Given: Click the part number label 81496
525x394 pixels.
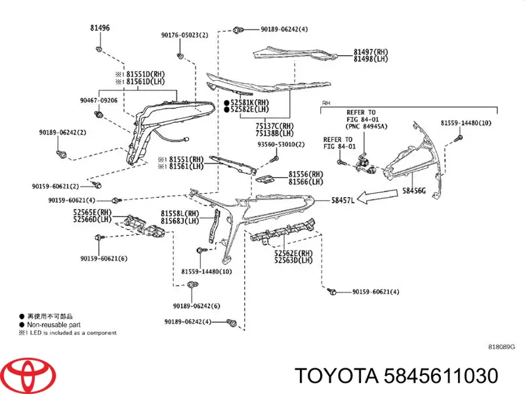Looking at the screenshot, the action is click(x=100, y=28).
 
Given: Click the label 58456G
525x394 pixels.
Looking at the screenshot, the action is click(x=414, y=190).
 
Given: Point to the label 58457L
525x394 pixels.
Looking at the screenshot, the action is click(x=343, y=200).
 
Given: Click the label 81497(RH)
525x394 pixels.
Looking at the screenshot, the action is click(x=371, y=52).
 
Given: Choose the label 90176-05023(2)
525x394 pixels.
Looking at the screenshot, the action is click(x=184, y=35).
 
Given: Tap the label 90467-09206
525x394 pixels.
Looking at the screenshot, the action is click(x=99, y=100).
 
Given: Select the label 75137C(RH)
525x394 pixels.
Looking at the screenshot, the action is click(x=274, y=126).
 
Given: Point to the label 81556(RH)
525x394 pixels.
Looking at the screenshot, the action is click(x=306, y=174).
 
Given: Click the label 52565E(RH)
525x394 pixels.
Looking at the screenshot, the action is click(x=93, y=212).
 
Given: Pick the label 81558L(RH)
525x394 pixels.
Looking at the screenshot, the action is click(x=180, y=213).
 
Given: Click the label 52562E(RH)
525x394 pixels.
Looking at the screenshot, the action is click(x=293, y=253).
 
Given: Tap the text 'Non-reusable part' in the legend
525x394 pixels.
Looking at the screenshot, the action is click(x=54, y=324).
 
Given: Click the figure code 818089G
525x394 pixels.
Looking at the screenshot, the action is click(x=501, y=347).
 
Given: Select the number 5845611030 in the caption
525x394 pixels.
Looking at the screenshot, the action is click(x=440, y=376).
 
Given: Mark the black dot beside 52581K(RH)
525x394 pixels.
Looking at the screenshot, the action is click(x=226, y=102).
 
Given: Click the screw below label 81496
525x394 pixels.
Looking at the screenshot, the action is click(x=99, y=50).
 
